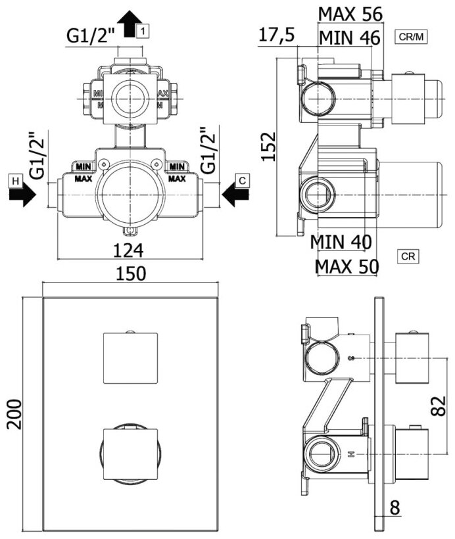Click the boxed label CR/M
(x=412, y=37)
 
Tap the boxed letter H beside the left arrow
(x=14, y=179)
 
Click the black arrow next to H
(x=26, y=195)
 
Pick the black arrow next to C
(x=233, y=195)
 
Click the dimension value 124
(x=129, y=250)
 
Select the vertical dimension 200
(x=14, y=413)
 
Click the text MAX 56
(x=349, y=14)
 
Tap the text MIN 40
(x=341, y=242)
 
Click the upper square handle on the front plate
(x=131, y=358)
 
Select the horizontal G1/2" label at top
(x=91, y=37)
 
